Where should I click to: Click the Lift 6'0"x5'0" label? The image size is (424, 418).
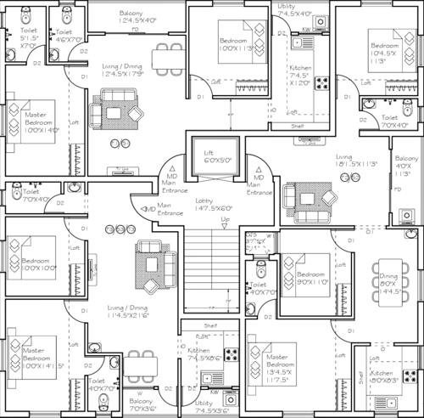(x=209, y=155)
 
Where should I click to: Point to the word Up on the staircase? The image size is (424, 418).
(x=225, y=221)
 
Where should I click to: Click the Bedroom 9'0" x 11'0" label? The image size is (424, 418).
(x=311, y=280)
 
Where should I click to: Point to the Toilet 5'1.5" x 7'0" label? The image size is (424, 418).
(x=29, y=40)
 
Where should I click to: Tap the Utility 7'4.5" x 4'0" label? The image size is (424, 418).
(x=293, y=10)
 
